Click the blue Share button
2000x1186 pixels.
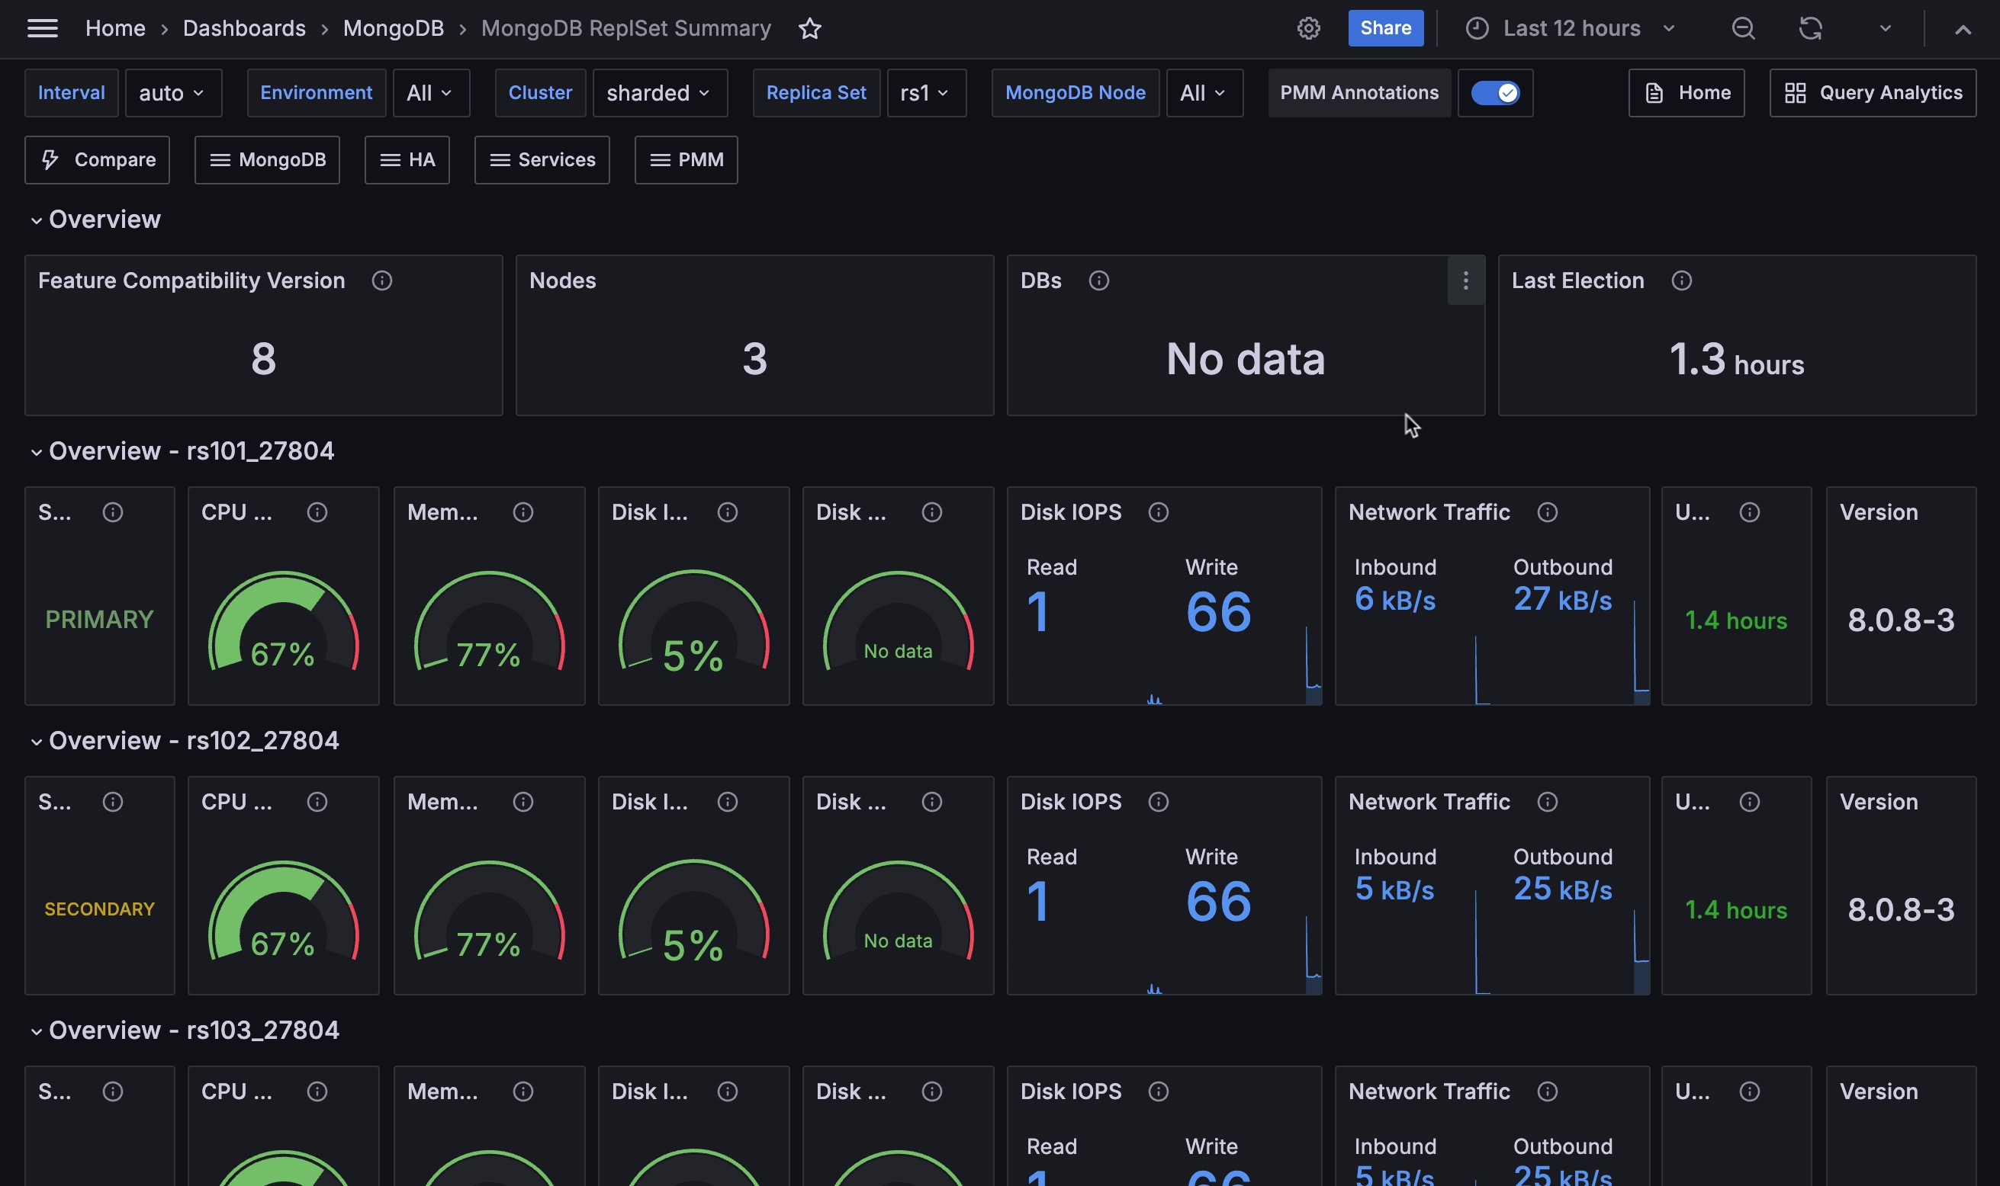point(1385,28)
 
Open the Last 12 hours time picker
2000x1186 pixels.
point(1571,28)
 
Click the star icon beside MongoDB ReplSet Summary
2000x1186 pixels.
point(809,29)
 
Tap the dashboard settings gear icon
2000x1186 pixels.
point(1307,29)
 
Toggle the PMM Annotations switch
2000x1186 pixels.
point(1494,93)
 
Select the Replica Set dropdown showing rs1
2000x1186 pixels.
point(925,93)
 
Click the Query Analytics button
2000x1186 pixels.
point(1872,93)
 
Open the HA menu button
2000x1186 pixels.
point(407,160)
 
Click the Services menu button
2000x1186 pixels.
point(542,160)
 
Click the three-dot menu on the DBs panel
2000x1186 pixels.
point(1465,280)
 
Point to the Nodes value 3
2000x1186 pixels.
point(754,358)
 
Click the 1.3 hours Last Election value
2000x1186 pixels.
point(1735,360)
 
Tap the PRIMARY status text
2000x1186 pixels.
point(99,620)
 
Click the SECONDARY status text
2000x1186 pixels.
point(99,909)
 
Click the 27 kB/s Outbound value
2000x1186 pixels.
point(1561,599)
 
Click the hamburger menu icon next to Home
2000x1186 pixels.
point(43,29)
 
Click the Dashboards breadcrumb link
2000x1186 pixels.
point(244,29)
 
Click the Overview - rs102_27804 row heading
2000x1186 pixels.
point(194,741)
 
